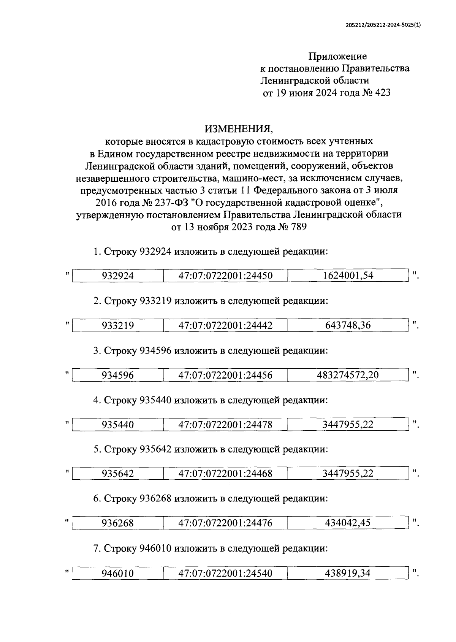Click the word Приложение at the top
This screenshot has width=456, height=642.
337,56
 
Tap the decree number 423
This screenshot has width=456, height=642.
382,93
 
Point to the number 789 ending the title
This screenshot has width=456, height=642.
297,227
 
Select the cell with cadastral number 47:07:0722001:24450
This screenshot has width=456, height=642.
225,276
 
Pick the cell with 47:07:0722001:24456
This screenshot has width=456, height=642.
225,375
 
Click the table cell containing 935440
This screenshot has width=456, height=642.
117,425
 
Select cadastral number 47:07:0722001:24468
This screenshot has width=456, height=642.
225,474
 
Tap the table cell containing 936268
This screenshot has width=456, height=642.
117,523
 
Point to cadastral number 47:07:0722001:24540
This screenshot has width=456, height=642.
225,573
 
